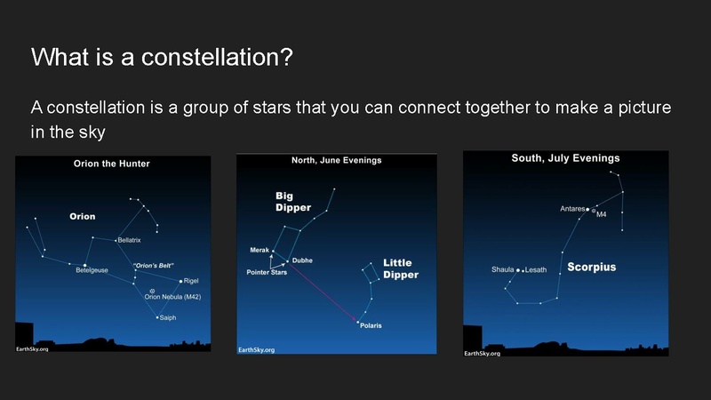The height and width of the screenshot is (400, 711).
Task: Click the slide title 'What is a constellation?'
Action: coord(162,58)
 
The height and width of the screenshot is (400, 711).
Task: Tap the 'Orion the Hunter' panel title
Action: coord(111,164)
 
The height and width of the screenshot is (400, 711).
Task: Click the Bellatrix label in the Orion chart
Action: coord(130,240)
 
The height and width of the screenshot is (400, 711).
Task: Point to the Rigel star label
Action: coord(190,281)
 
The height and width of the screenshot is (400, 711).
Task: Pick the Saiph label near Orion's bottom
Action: coord(167,317)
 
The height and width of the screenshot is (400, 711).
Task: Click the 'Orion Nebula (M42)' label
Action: coord(174,297)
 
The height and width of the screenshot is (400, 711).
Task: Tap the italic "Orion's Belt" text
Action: coord(153,266)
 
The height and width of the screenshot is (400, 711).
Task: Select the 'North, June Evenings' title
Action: coord(336,160)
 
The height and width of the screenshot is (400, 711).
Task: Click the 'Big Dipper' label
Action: coord(292,202)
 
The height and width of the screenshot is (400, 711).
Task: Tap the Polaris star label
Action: coord(371,326)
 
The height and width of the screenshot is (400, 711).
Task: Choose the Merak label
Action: coord(259,251)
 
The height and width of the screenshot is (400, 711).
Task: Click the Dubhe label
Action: coord(302,260)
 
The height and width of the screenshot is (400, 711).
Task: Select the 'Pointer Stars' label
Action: coord(266,272)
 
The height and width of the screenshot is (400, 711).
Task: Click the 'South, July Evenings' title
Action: coord(565,158)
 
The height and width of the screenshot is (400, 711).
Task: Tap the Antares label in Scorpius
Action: coord(572,209)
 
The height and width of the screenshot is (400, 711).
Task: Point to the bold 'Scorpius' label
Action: coord(591,267)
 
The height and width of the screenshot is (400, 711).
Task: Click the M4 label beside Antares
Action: coord(601,214)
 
